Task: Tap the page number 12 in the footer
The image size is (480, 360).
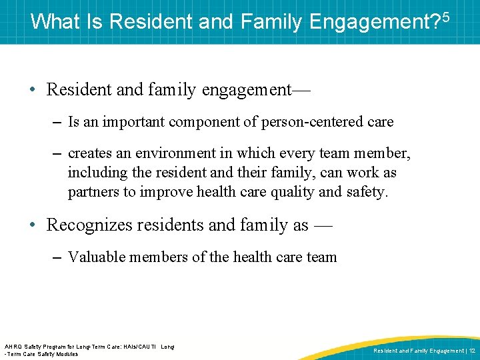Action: (x=471, y=350)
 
